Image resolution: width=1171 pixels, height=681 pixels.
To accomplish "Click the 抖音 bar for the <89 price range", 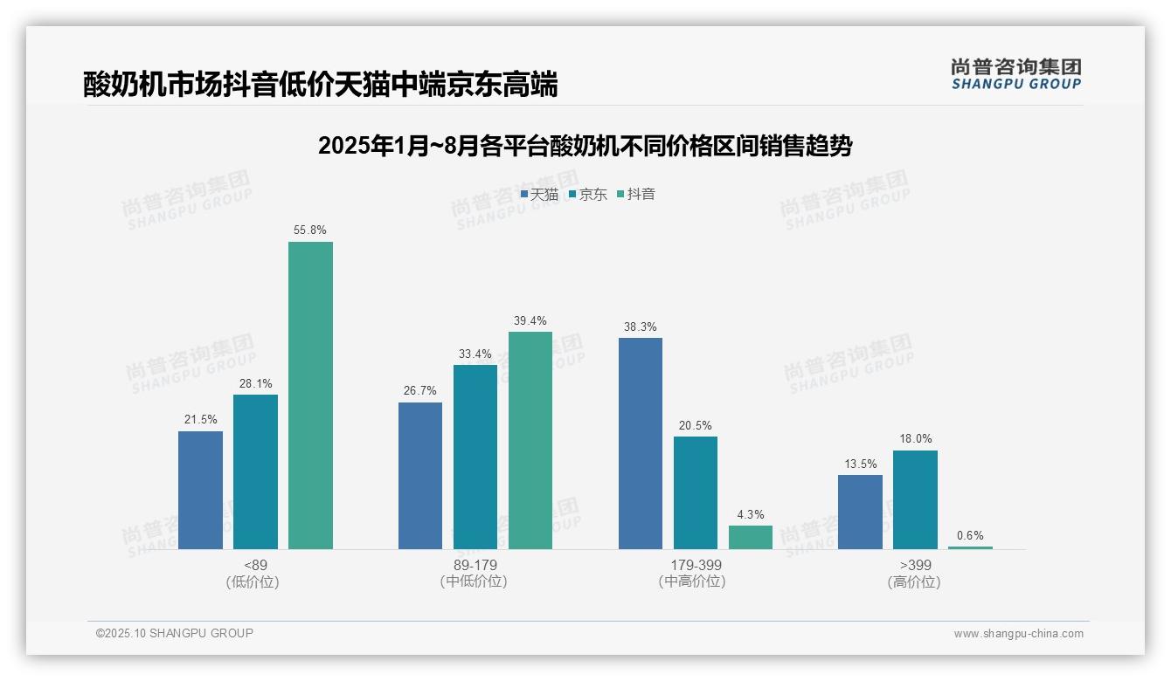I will [310, 395].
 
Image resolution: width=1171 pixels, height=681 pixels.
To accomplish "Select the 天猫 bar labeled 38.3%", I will [641, 444].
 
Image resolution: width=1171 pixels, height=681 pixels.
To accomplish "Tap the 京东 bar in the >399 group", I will [915, 499].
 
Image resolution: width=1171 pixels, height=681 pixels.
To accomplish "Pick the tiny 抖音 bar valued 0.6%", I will [970, 547].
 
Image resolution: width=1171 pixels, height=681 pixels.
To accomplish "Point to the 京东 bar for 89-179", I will [475, 457].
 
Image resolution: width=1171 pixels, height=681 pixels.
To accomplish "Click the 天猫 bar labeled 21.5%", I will [200, 490].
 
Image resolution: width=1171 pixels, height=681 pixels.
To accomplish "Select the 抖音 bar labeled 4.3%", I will [751, 537].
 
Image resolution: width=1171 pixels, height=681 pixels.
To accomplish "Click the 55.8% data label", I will [310, 230].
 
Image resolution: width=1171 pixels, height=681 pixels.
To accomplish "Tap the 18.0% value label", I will [915, 439].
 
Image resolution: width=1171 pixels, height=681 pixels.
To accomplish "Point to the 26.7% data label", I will [420, 391].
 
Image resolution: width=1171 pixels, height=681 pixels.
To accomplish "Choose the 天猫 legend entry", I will [539, 195].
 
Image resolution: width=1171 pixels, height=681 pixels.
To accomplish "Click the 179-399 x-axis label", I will [695, 565].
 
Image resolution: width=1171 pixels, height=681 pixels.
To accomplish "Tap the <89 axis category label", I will [255, 565].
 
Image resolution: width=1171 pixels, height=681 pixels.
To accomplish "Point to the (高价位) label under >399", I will [914, 582].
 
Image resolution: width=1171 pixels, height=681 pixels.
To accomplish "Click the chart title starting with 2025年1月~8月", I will [585, 146].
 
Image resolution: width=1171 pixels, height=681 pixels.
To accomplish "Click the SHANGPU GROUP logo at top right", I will [1015, 74].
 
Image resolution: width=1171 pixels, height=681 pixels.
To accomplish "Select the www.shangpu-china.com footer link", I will [1018, 634].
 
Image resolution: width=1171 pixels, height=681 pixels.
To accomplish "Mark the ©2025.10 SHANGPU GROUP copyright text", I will [175, 633].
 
